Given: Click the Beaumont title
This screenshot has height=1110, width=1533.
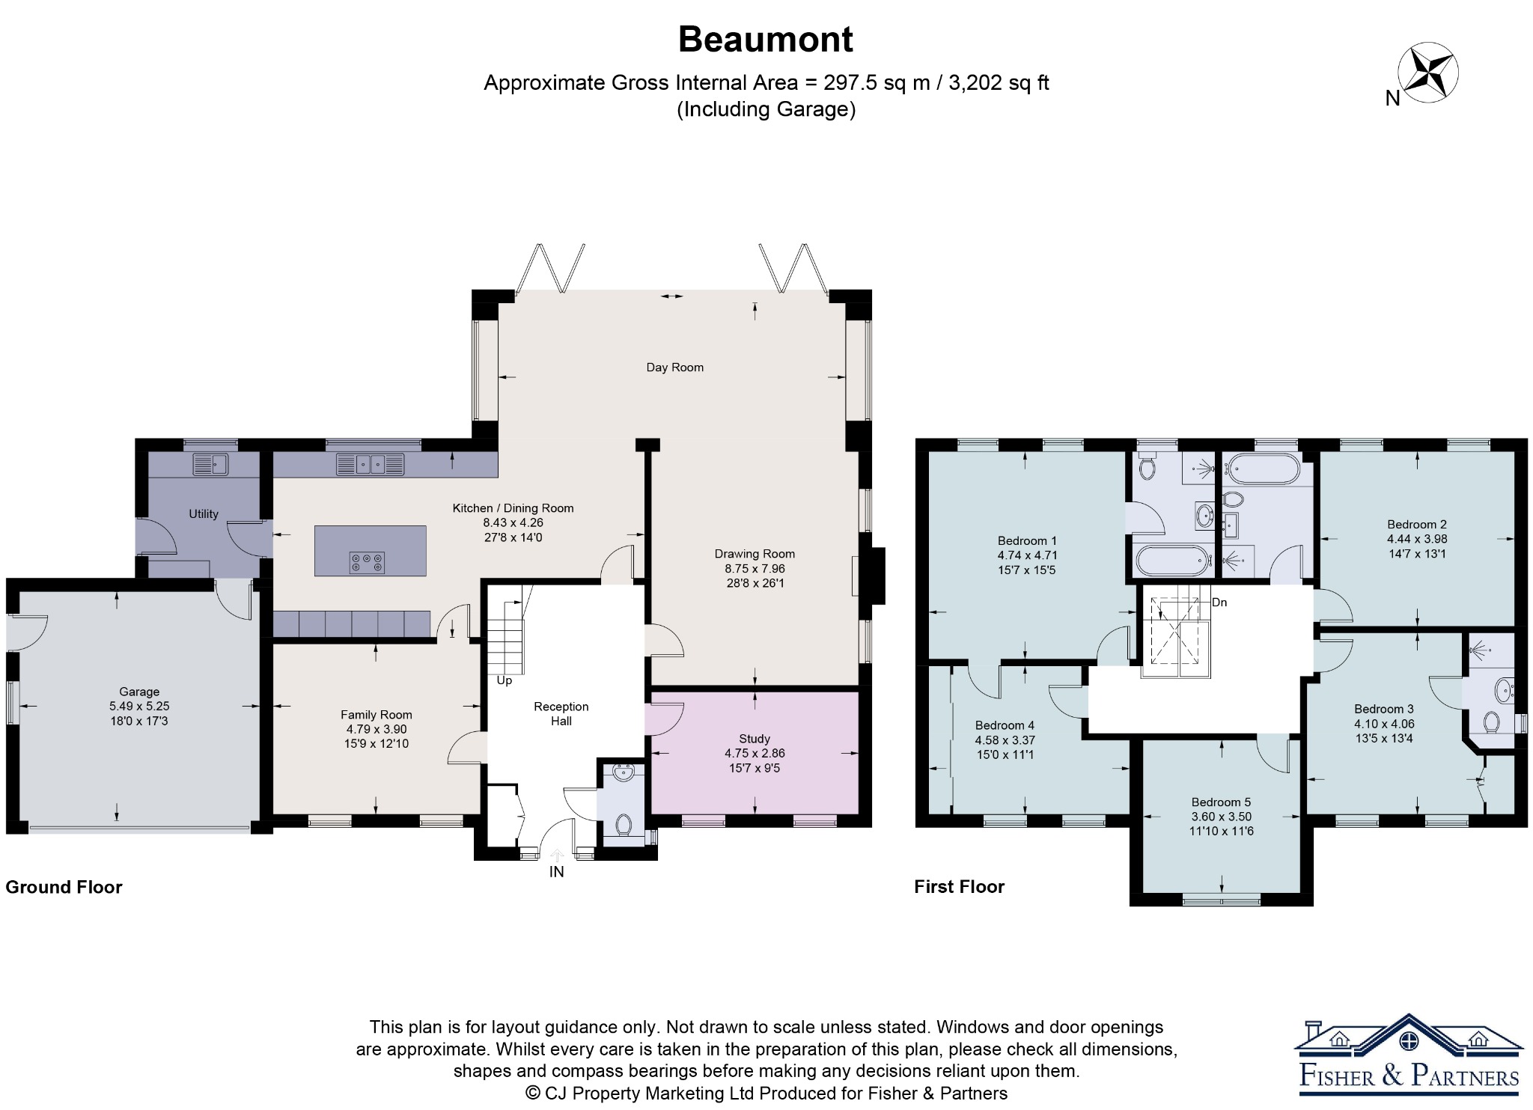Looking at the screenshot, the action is pyautogui.click(x=765, y=40).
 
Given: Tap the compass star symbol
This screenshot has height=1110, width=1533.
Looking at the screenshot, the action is pyautogui.click(x=1428, y=73).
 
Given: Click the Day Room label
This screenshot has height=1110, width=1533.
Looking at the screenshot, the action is pyautogui.click(x=674, y=368).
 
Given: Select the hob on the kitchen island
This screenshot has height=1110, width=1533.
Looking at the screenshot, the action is pyautogui.click(x=367, y=562).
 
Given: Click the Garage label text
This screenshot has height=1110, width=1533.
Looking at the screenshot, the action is pyautogui.click(x=139, y=692).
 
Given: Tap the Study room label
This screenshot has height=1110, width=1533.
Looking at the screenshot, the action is pyautogui.click(x=755, y=739).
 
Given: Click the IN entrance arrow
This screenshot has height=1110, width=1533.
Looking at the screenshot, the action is pyautogui.click(x=557, y=854).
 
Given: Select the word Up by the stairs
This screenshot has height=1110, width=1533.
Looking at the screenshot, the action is pyautogui.click(x=505, y=681).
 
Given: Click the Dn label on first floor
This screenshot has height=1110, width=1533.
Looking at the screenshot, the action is pyautogui.click(x=1219, y=603).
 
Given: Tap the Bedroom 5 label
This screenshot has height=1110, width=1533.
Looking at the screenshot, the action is pyautogui.click(x=1221, y=802).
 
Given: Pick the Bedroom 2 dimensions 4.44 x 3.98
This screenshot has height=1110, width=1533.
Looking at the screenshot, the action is pyautogui.click(x=1417, y=539).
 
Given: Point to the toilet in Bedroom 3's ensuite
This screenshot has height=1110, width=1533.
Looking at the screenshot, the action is pyautogui.click(x=1491, y=722).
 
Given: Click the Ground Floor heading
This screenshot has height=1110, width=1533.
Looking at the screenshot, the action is pyautogui.click(x=64, y=887).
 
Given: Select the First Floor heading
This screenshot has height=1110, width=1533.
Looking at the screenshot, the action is pyautogui.click(x=959, y=887).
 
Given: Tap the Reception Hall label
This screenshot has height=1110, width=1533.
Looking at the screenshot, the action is pyautogui.click(x=561, y=714).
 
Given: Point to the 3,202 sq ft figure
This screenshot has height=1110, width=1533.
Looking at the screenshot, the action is pyautogui.click(x=999, y=82).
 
